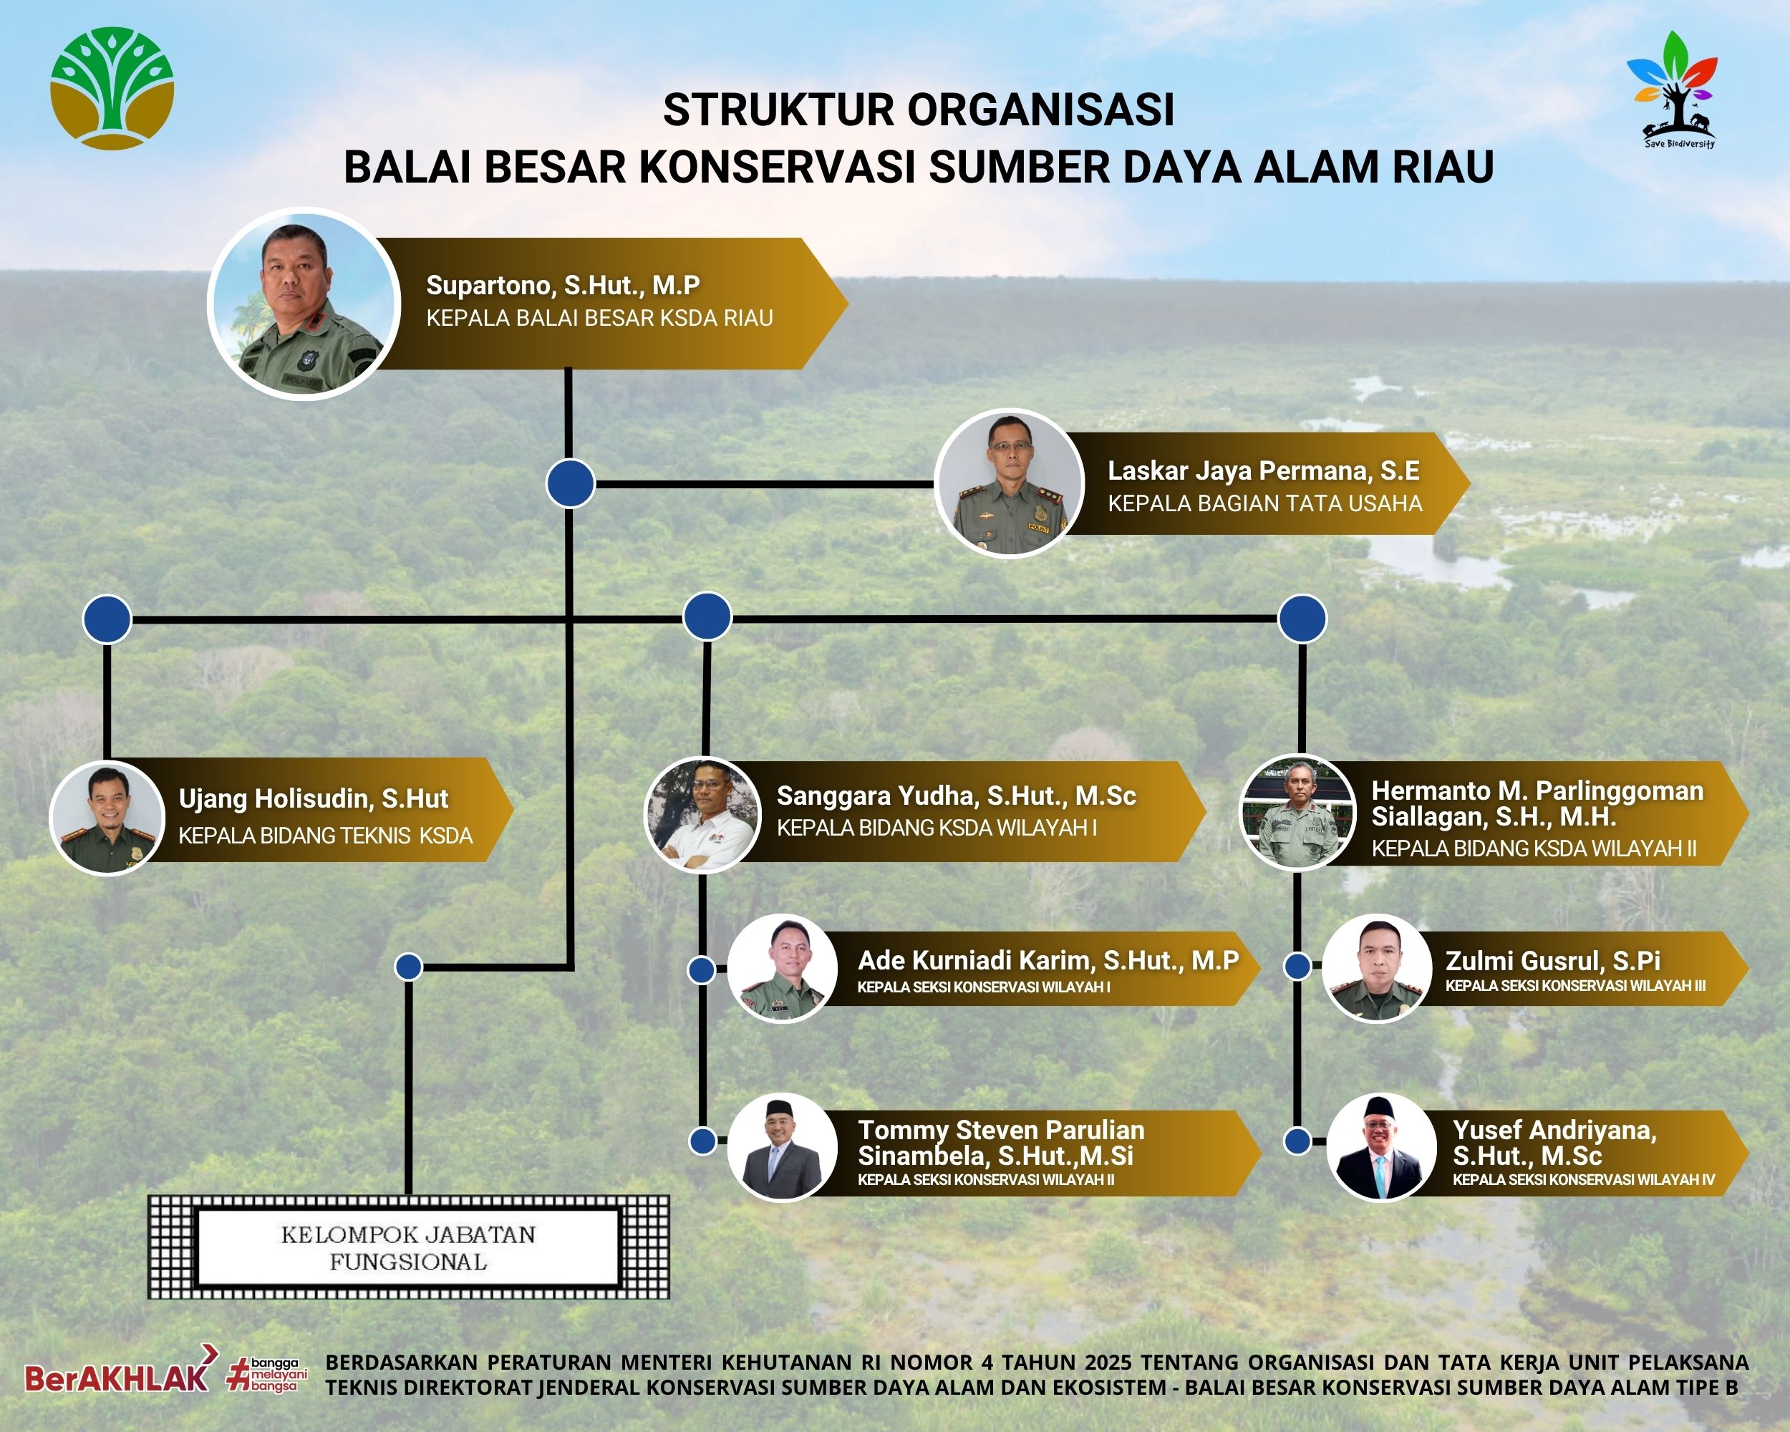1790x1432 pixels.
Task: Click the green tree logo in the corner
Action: click(112, 88)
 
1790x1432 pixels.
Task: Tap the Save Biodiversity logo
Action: click(1671, 89)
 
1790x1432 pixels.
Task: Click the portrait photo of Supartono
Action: click(303, 304)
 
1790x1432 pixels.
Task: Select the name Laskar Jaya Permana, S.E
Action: click(1263, 470)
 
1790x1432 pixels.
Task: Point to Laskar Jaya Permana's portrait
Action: click(1009, 483)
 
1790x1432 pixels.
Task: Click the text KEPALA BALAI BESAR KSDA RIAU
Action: click(599, 318)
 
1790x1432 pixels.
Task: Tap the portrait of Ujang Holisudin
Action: click(108, 817)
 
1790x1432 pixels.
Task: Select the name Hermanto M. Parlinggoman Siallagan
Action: click(1537, 803)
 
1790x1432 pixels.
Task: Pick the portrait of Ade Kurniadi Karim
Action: click(783, 968)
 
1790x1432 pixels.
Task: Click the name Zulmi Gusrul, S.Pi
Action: click(1552, 960)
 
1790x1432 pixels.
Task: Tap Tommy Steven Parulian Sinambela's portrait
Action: click(783, 1147)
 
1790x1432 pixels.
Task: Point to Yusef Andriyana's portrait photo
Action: click(1381, 1146)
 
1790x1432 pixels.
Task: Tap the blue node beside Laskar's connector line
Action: click(571, 483)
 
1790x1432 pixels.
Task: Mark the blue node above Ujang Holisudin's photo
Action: click(107, 619)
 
